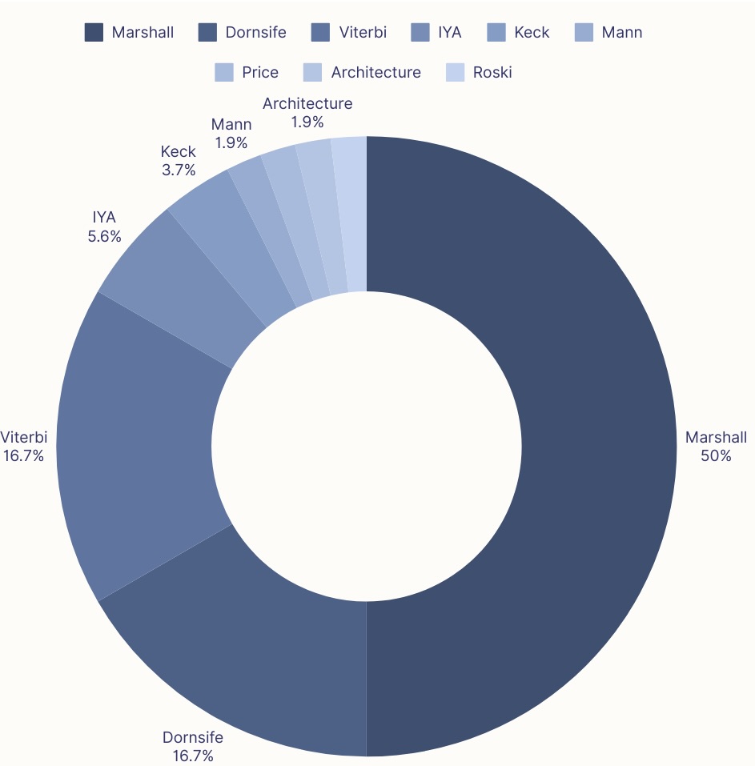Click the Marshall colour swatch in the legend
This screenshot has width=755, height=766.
click(94, 33)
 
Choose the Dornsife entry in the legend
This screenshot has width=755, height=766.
click(255, 33)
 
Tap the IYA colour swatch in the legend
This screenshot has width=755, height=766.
click(420, 33)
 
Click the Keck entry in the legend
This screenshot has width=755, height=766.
click(532, 33)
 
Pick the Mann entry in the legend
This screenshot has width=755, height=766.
click(621, 33)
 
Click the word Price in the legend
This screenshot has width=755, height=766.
click(260, 73)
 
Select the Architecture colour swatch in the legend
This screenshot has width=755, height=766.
click(312, 73)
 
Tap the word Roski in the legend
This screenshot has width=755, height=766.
click(492, 73)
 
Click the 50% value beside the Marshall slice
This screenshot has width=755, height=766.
click(716, 456)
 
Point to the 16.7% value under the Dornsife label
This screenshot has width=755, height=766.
click(192, 755)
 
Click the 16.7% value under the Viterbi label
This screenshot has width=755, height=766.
click(23, 455)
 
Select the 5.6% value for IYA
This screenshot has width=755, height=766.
click(105, 236)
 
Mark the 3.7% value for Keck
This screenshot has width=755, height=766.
click(178, 170)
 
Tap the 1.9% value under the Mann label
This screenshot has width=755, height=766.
click(231, 142)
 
